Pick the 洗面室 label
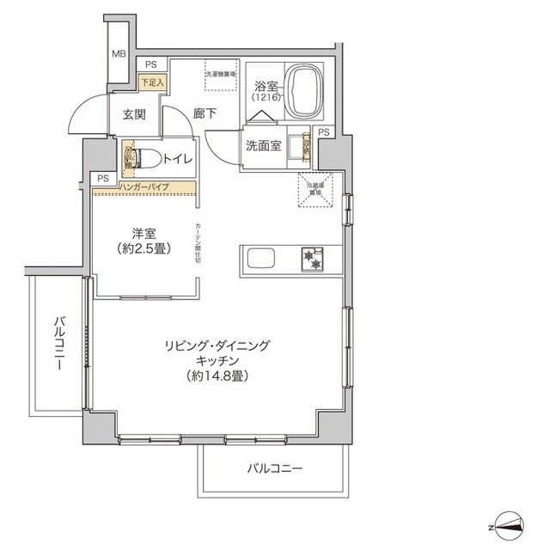point(263,146)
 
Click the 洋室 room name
point(143,232)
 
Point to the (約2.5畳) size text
point(143,250)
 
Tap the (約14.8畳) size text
point(216,376)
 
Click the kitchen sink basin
point(259,258)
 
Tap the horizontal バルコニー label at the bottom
point(275,469)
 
